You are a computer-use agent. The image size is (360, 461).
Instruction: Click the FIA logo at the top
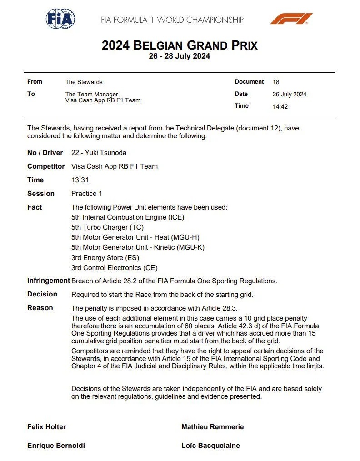pos(60,19)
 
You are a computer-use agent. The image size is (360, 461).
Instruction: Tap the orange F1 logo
pos(291,19)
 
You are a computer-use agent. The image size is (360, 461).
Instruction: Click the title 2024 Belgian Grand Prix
pos(180,45)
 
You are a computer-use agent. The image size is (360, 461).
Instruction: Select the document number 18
pos(276,82)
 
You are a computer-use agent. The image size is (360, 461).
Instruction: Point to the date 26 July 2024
pos(289,95)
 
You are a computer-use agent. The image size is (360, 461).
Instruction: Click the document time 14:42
pos(280,106)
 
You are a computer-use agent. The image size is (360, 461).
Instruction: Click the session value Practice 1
pos(87,194)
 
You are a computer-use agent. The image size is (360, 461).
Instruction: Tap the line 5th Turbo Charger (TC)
pos(107,227)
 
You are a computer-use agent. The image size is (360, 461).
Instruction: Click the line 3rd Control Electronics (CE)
pos(115,268)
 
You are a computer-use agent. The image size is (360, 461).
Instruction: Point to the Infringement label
pos(48,281)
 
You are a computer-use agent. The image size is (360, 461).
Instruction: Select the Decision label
pos(42,294)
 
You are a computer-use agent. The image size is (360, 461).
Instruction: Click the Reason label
pos(40,308)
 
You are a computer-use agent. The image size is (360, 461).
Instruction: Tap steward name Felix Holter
pos(46,427)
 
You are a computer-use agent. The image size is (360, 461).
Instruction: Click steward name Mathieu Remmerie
pos(212,427)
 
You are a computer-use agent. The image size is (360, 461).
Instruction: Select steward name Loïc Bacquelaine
pos(210,446)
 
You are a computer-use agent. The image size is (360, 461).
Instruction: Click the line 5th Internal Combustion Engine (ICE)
pos(128,217)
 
